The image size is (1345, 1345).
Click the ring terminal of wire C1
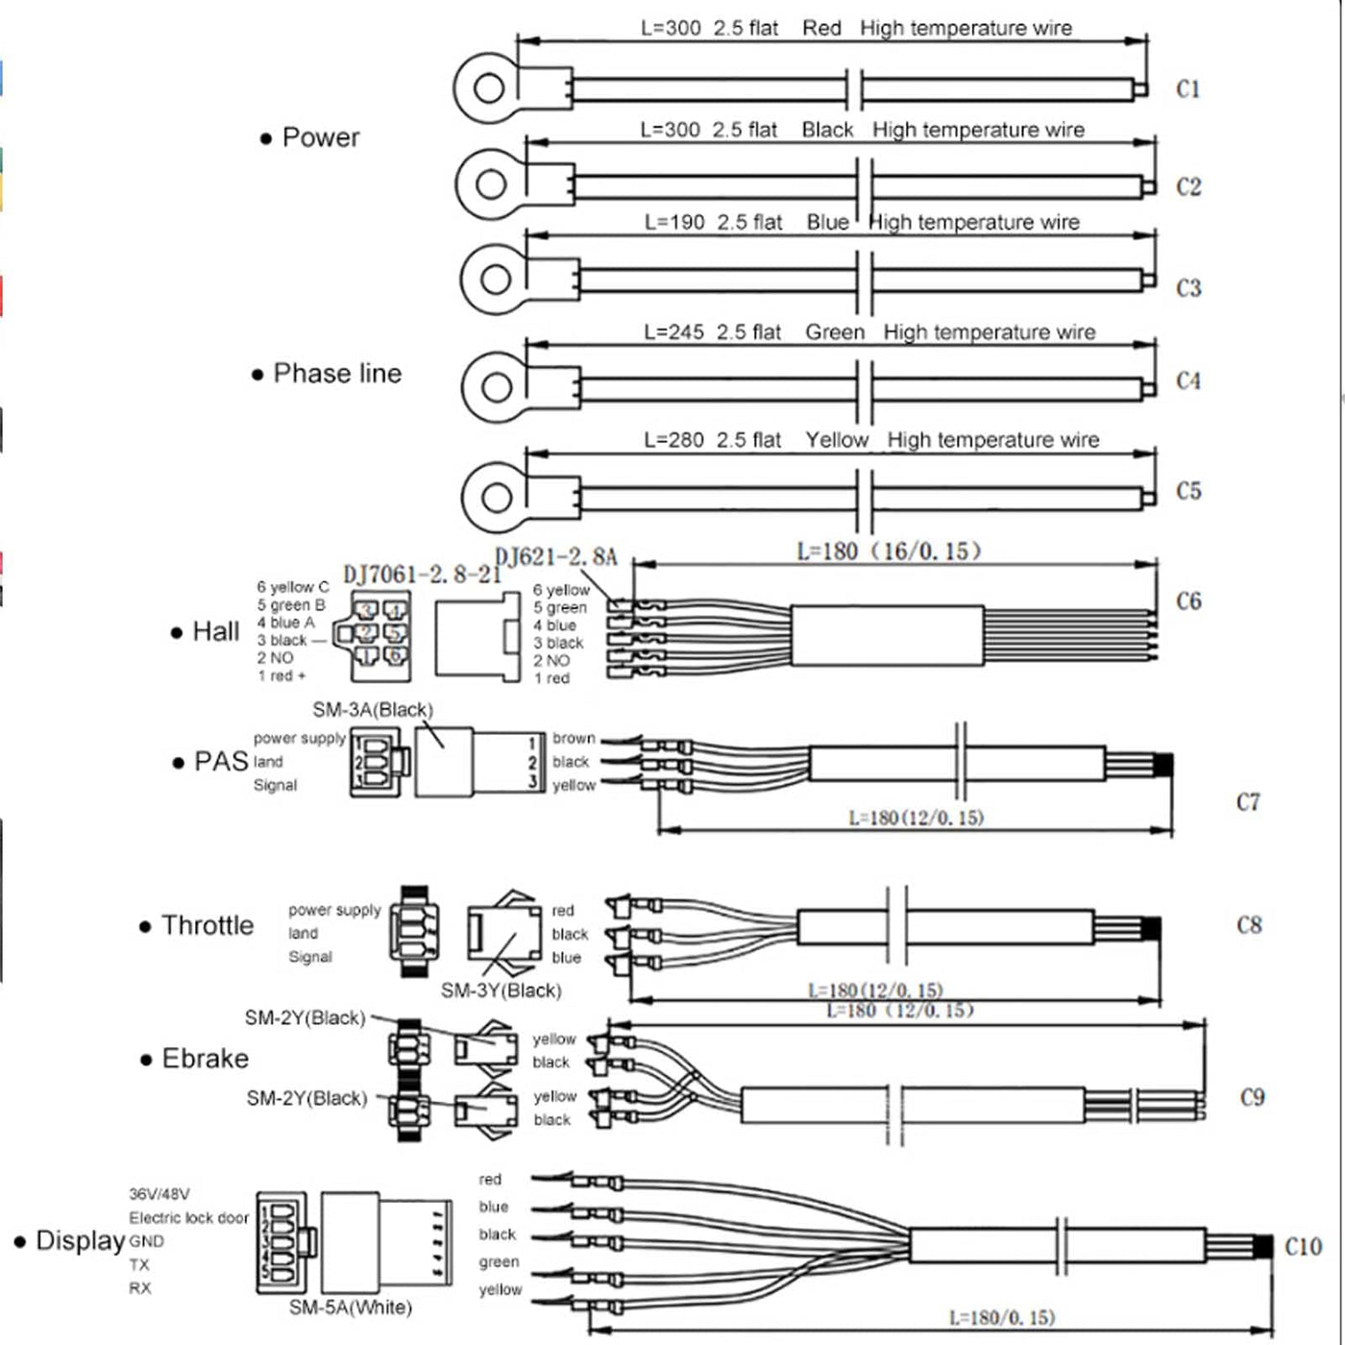pos(488,88)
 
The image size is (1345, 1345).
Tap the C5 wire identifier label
pos(1188,491)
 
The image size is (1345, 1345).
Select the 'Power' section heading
pos(320,137)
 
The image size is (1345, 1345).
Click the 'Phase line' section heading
pos(336,374)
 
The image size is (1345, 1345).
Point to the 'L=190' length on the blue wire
pos(674,222)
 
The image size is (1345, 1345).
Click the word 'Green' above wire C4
pos(834,332)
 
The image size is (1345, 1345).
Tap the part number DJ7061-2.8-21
pos(422,575)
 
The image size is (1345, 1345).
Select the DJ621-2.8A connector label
pos(555,557)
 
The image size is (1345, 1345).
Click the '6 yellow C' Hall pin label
pos(292,586)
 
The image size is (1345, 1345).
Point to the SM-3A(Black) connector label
pos(373,710)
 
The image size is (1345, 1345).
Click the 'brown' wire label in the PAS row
pos(574,738)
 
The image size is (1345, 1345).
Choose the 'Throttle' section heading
pos(207,925)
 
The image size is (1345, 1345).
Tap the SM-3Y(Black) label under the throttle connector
pos(501,990)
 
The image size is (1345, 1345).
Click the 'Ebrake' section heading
pos(205,1059)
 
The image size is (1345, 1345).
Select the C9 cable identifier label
pos(1252,1097)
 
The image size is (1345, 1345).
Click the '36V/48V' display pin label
pos(159,1194)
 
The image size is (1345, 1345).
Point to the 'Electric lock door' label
pos(188,1217)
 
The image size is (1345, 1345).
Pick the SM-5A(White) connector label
pos(351,1308)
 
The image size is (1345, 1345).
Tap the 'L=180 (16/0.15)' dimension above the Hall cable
pos(889,551)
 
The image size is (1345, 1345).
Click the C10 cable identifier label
pos(1303,1246)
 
